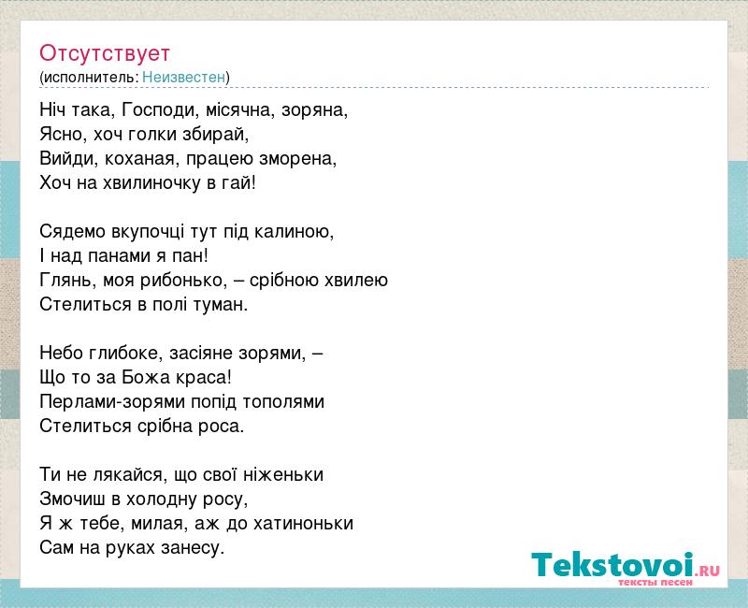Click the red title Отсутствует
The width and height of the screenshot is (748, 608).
105,53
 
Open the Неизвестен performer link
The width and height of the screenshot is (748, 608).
183,77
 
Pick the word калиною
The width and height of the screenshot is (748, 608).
294,232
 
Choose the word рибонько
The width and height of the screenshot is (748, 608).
183,281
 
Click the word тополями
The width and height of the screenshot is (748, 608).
283,402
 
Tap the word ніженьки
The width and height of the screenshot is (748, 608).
283,475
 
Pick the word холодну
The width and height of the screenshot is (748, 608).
162,499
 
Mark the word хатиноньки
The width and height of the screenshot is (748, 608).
303,524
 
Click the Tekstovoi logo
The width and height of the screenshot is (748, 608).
626,566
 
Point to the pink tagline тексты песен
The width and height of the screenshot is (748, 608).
655,583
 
